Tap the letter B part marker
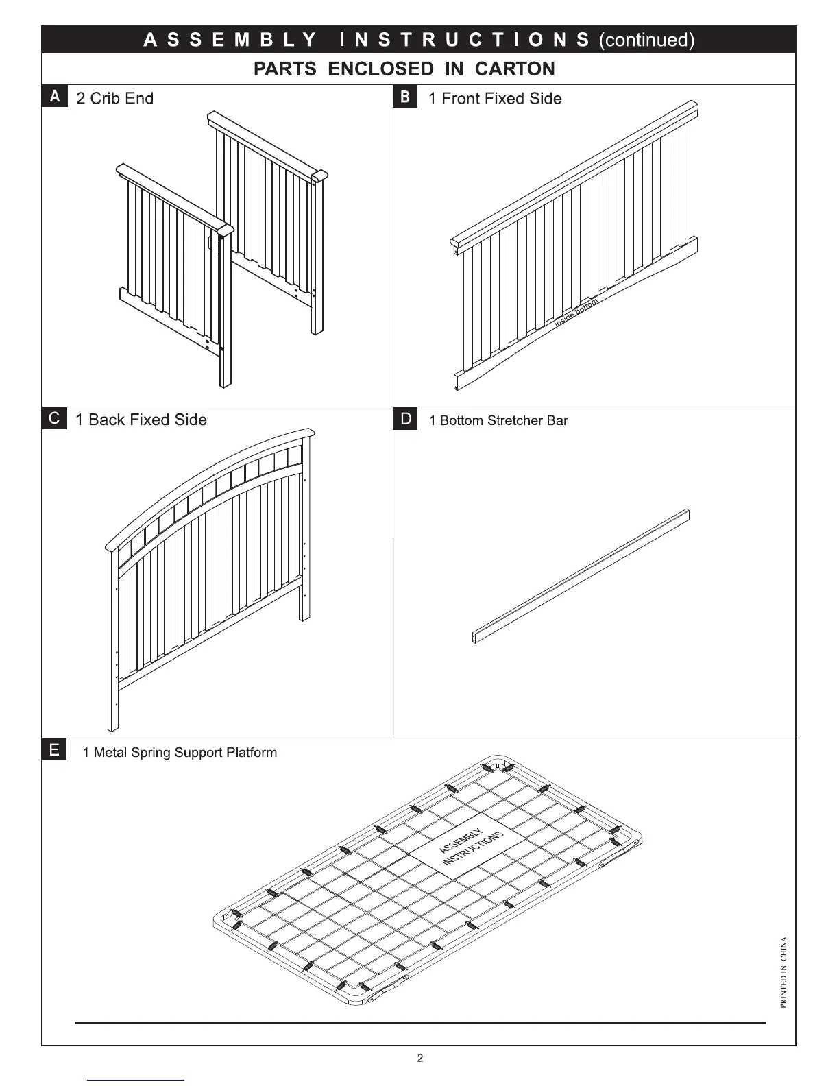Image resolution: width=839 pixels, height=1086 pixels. pos(404,97)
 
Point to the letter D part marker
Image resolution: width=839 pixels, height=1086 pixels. pos(405,419)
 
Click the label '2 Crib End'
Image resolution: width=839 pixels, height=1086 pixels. pos(114,99)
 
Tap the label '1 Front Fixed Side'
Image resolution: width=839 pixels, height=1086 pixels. pos(494,99)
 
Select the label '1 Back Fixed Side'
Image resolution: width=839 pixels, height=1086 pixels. pos(141,420)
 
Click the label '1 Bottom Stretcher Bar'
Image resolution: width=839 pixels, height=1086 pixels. pos(498,421)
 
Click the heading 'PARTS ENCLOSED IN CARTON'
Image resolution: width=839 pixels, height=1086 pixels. pos(404,69)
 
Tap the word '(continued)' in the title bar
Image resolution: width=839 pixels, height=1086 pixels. pos(646,40)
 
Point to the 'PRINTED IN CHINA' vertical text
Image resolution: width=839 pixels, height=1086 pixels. pos(783,972)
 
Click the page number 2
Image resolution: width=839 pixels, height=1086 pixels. pos(420,1058)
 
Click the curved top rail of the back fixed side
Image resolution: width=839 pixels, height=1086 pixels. pos(206,473)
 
